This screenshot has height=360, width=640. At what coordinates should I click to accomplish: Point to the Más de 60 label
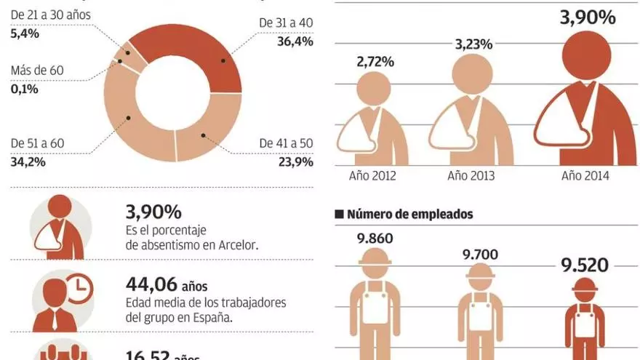tap(38, 71)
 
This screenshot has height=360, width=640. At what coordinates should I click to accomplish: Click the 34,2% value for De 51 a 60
tap(28, 161)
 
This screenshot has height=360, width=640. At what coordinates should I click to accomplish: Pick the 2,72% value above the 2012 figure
tap(375, 62)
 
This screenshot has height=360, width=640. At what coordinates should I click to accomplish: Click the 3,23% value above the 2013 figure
tap(474, 44)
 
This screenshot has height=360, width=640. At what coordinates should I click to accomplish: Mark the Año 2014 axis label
tap(585, 175)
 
